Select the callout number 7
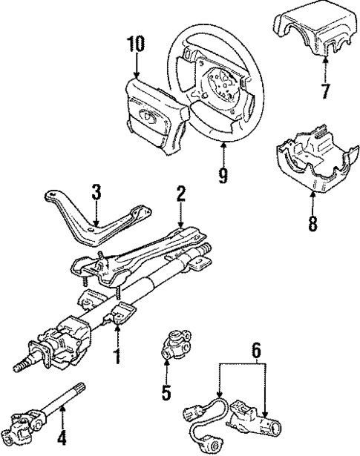coord(323,90)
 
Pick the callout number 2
coord(180,195)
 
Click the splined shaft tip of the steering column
coord(22,365)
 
